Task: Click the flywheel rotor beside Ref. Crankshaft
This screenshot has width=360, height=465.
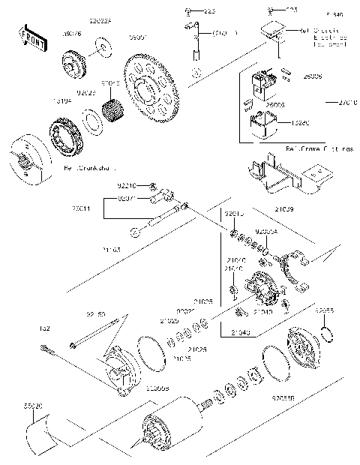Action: [30, 157]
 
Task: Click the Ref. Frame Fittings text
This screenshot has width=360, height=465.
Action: [318, 148]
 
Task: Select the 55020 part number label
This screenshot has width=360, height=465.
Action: [33, 405]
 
